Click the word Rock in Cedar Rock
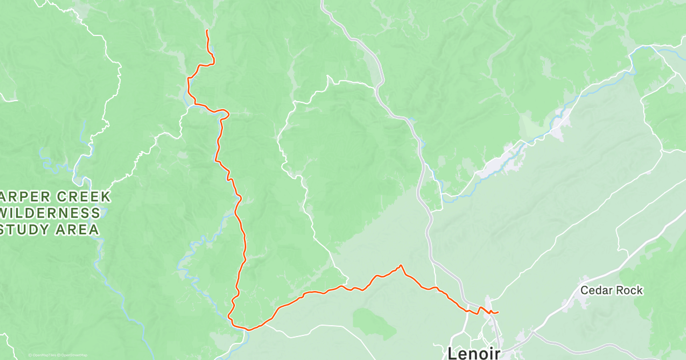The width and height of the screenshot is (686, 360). pos(629,290)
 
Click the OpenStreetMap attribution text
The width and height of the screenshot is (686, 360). pos(74,355)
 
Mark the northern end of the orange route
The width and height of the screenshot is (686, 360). pos(206,30)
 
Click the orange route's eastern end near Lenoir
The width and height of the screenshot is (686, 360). pos(498,312)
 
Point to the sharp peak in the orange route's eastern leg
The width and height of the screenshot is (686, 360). pos(401,265)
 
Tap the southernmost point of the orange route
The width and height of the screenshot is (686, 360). pos(248,330)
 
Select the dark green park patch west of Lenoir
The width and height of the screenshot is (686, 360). pos(375,323)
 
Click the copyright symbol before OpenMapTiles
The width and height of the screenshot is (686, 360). pos(30,355)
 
